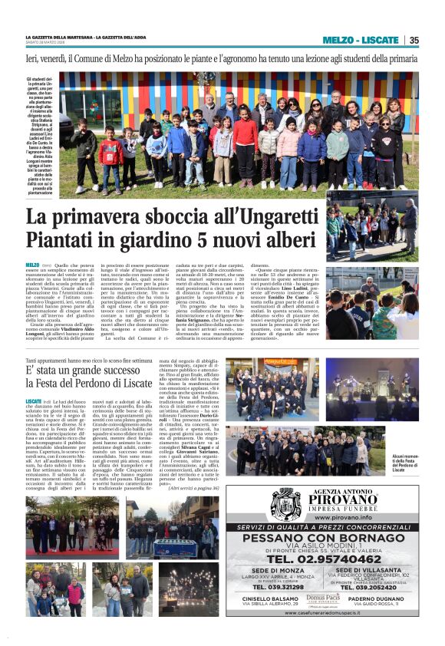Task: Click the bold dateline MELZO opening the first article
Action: point(32,265)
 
